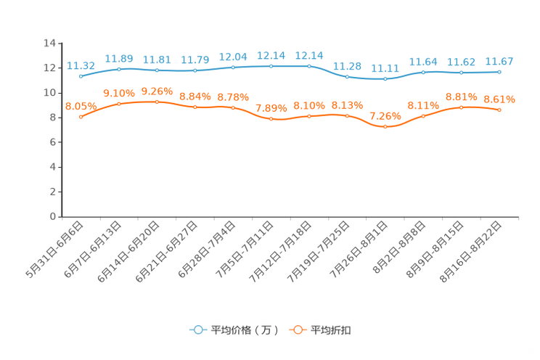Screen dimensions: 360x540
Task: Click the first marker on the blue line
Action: coord(81,75)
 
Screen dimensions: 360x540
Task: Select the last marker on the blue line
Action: coord(499,72)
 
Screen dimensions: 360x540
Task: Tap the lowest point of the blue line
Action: coord(385,78)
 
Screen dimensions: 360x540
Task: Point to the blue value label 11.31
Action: coord(385,67)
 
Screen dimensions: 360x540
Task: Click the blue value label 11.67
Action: coord(499,61)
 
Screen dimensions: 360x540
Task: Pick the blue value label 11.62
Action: coord(462,62)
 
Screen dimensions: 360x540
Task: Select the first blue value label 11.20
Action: coord(81,65)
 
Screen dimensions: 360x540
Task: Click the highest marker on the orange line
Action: coord(157,102)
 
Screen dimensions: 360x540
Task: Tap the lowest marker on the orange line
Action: coord(385,127)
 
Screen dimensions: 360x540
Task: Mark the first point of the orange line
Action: coord(81,116)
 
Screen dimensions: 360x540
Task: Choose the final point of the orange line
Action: coord(499,110)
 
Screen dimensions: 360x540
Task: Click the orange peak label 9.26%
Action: coord(157,91)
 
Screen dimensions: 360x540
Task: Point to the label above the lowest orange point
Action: coord(385,116)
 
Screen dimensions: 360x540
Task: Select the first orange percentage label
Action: coord(81,106)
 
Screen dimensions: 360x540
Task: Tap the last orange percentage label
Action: coord(499,99)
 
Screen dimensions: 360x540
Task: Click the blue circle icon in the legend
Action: coord(197,330)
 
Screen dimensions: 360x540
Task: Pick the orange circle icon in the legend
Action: coord(298,330)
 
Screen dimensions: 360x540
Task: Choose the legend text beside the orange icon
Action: coord(332,330)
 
